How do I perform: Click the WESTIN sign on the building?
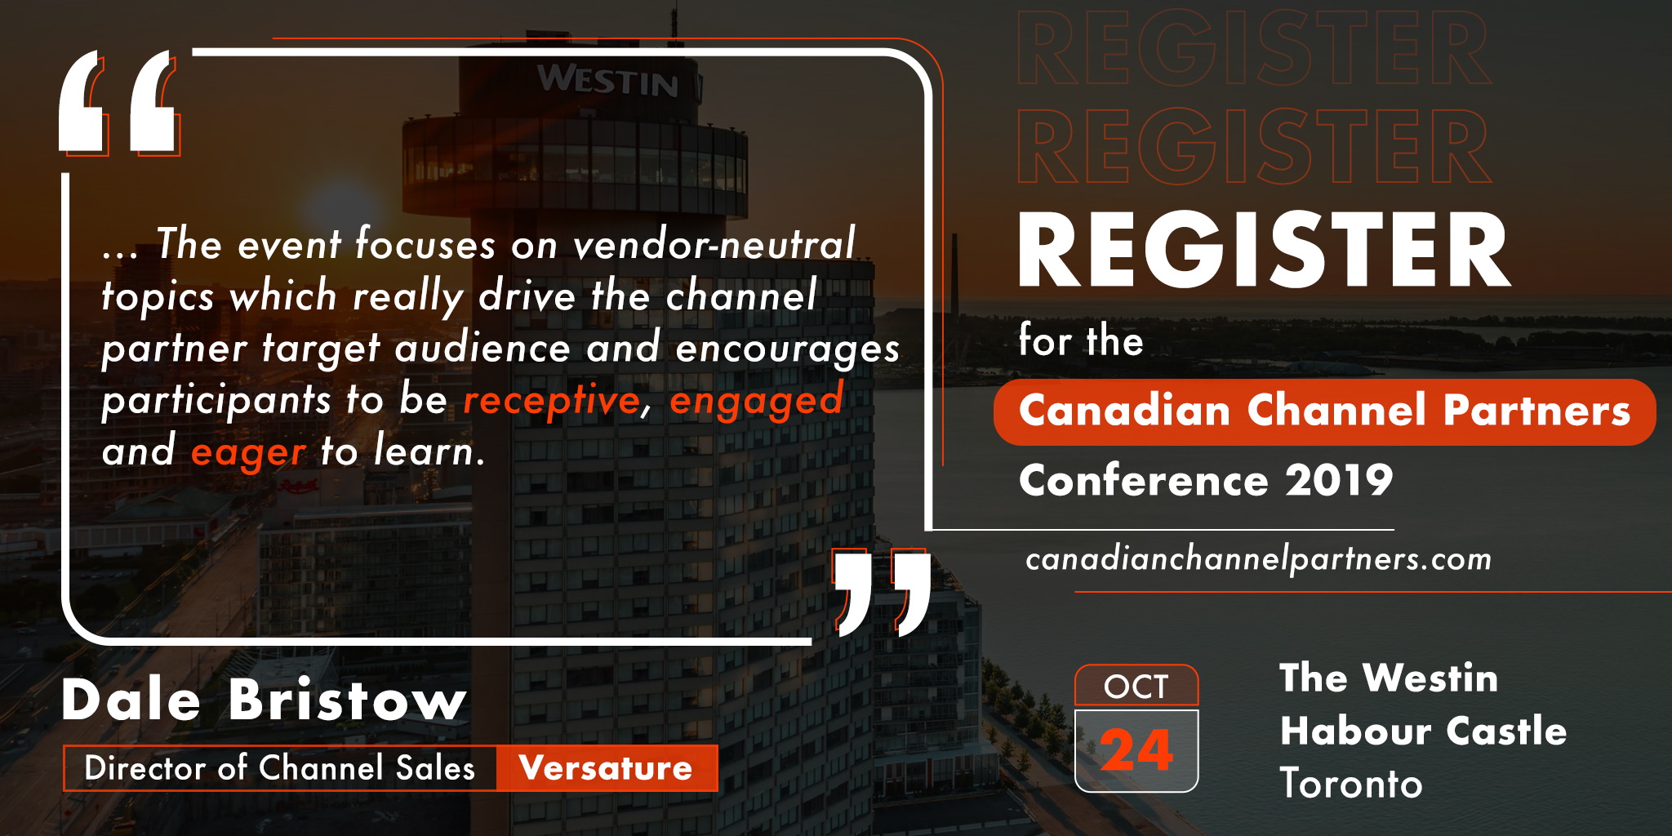pyautogui.click(x=608, y=81)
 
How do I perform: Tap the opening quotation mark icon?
pyautogui.click(x=119, y=103)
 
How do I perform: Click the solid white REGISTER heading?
pyautogui.click(x=1264, y=251)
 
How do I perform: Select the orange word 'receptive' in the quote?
pyautogui.click(x=552, y=401)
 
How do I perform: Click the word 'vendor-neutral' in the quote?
pyautogui.click(x=714, y=243)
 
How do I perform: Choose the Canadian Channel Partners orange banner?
pyautogui.click(x=1324, y=411)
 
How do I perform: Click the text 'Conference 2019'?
pyautogui.click(x=1206, y=480)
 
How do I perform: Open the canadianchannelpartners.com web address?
pyautogui.click(x=1258, y=560)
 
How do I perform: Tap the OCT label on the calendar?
pyautogui.click(x=1136, y=687)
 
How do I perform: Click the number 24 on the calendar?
pyautogui.click(x=1136, y=749)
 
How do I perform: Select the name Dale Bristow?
pyautogui.click(x=264, y=700)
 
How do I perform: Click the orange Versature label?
pyautogui.click(x=606, y=768)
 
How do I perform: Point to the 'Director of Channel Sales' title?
pyautogui.click(x=279, y=768)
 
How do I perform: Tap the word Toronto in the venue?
pyautogui.click(x=1351, y=784)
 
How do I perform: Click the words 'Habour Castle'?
pyautogui.click(x=1423, y=731)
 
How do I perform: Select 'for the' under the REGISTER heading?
pyautogui.click(x=1081, y=340)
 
